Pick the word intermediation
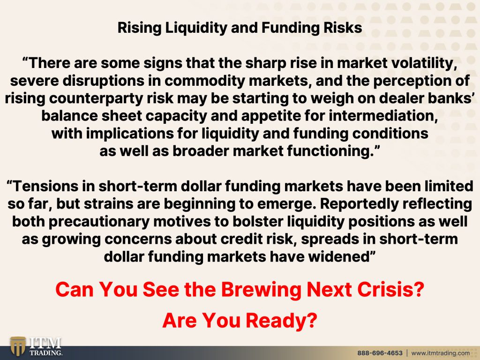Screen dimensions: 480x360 tap(383, 116)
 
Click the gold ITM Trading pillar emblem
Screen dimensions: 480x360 tap(18, 346)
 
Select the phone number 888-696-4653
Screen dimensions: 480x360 tap(380, 353)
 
